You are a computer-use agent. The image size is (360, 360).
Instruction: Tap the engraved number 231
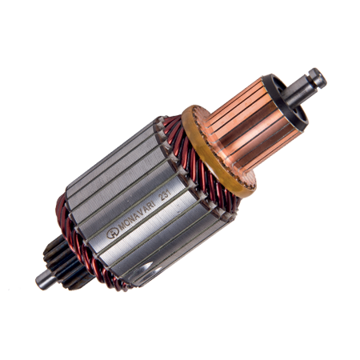pyautogui.click(x=165, y=197)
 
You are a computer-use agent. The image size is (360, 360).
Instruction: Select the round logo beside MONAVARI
pyautogui.click(x=113, y=234)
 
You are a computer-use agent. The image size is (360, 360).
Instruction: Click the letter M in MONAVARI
pyautogui.click(x=122, y=228)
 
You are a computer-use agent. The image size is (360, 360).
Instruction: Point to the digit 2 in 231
pyautogui.click(x=161, y=199)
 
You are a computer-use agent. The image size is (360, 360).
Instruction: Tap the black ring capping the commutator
pyautogui.click(x=286, y=102)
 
